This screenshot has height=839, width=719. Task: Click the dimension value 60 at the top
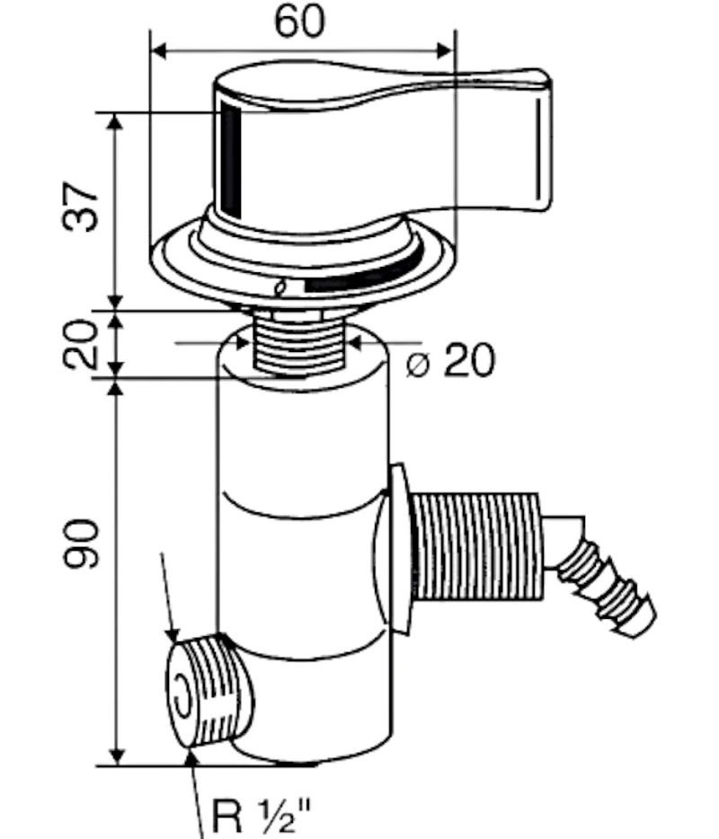tap(300, 22)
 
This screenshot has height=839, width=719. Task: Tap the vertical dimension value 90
tap(82, 543)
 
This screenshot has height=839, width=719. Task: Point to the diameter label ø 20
tap(450, 359)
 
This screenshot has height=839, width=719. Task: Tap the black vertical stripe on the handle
tap(231, 160)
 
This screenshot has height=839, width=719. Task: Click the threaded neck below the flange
tap(297, 342)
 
